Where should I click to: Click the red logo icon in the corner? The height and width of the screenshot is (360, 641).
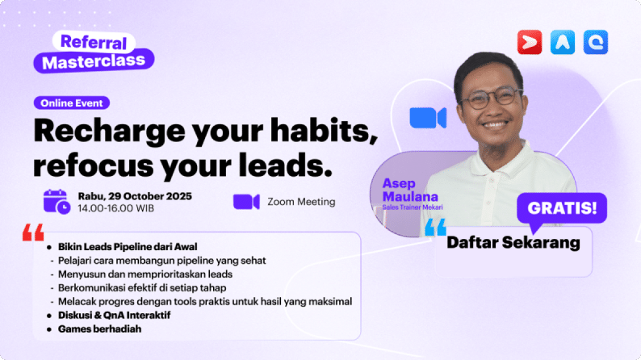(x=530, y=42)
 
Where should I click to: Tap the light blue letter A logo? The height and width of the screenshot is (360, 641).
(x=563, y=42)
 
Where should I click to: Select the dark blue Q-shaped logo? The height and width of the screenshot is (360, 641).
(x=596, y=42)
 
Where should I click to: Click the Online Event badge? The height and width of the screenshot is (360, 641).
(x=72, y=103)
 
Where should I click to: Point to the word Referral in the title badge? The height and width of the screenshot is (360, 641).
(x=94, y=42)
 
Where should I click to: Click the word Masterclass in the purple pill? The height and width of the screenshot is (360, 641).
(x=94, y=61)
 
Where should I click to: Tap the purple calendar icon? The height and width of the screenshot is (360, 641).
(x=57, y=202)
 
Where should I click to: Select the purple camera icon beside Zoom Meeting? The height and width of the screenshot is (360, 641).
(x=246, y=202)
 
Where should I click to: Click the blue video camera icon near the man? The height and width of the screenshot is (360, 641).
(x=428, y=118)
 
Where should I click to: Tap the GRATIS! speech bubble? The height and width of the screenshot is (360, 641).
(x=562, y=209)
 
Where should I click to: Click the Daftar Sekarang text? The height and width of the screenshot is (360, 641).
(x=513, y=242)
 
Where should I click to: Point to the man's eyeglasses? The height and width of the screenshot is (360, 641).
(x=492, y=98)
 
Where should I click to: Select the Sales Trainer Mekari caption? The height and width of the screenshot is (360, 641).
(x=413, y=207)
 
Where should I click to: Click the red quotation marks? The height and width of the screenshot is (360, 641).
(x=33, y=232)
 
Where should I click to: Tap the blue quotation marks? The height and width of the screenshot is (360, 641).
(x=435, y=227)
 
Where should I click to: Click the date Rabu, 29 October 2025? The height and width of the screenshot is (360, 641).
(x=135, y=197)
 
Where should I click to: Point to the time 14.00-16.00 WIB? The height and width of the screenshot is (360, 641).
(x=116, y=208)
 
